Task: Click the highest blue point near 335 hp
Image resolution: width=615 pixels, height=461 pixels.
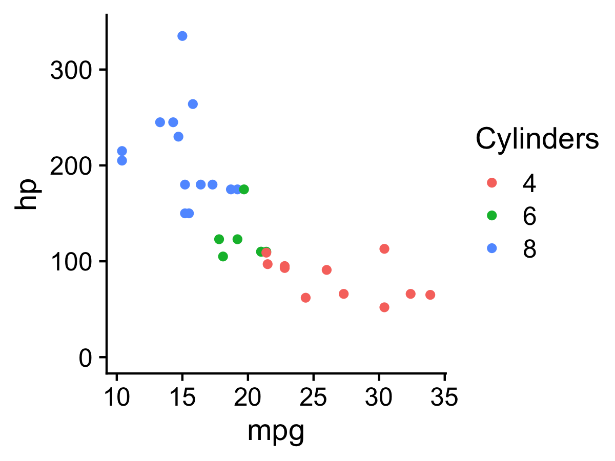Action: tap(182, 36)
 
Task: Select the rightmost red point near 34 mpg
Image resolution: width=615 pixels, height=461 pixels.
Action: tap(430, 295)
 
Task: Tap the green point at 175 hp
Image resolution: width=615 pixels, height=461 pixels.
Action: tap(244, 189)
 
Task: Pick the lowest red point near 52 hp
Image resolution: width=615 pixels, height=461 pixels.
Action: tap(384, 307)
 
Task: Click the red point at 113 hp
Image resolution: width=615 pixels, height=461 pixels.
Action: tap(384, 248)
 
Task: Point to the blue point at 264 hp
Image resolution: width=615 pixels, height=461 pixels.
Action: tap(193, 104)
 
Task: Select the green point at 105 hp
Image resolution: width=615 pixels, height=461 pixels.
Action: tap(223, 256)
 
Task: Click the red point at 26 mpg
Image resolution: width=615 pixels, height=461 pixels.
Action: tap(326, 269)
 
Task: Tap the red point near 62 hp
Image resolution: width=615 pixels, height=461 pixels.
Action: tap(305, 297)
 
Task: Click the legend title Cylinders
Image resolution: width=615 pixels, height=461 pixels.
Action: tap(537, 139)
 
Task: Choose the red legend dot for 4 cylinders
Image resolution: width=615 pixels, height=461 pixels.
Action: tap(491, 182)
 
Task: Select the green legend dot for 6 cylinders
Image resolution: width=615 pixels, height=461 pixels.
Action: tap(491, 215)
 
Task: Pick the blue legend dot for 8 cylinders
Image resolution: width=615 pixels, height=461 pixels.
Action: tap(491, 248)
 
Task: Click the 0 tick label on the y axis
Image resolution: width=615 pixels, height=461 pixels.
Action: tap(85, 358)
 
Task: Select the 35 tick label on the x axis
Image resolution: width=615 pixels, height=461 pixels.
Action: tap(444, 397)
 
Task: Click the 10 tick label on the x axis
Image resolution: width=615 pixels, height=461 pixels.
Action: tap(117, 397)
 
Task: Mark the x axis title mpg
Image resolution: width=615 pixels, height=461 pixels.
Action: tap(276, 431)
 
